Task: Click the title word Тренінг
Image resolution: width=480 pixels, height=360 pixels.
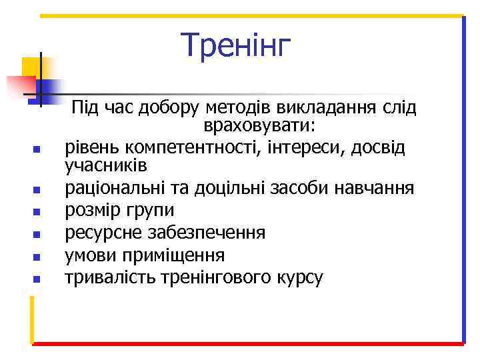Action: tap(237, 45)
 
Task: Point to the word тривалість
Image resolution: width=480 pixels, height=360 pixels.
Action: tap(109, 277)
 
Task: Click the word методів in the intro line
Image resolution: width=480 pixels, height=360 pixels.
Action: tap(237, 107)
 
